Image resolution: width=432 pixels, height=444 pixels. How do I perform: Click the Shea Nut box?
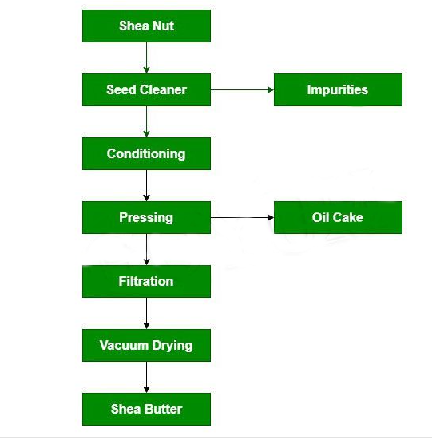(x=146, y=26)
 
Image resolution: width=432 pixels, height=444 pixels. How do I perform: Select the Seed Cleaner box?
(x=146, y=89)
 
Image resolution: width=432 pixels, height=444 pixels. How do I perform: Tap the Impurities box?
(x=338, y=89)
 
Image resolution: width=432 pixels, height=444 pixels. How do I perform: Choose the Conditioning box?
(x=146, y=154)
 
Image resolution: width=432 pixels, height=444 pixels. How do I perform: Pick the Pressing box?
(x=146, y=217)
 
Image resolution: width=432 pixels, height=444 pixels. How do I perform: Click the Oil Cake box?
(x=338, y=217)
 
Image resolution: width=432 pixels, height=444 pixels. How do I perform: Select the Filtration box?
(x=146, y=281)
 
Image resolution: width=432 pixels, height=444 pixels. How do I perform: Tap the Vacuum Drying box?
(x=146, y=345)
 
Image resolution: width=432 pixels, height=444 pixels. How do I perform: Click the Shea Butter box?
(x=146, y=409)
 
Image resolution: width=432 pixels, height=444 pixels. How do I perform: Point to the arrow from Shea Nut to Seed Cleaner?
(x=146, y=57)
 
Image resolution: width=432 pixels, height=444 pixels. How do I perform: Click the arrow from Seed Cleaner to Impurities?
(x=242, y=89)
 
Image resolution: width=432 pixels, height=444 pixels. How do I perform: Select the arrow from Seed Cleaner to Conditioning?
(x=146, y=121)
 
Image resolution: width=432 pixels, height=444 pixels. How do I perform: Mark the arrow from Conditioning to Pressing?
(x=146, y=185)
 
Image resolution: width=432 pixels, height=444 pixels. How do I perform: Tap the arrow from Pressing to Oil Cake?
(x=242, y=217)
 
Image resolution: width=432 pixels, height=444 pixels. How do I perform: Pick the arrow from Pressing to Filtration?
(x=146, y=249)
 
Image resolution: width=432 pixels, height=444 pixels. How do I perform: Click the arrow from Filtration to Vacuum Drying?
(x=146, y=313)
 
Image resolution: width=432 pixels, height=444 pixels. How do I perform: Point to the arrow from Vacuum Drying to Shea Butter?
(x=146, y=377)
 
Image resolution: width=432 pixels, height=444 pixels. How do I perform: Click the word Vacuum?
(x=124, y=345)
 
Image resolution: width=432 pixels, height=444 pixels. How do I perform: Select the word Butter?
(x=164, y=409)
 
